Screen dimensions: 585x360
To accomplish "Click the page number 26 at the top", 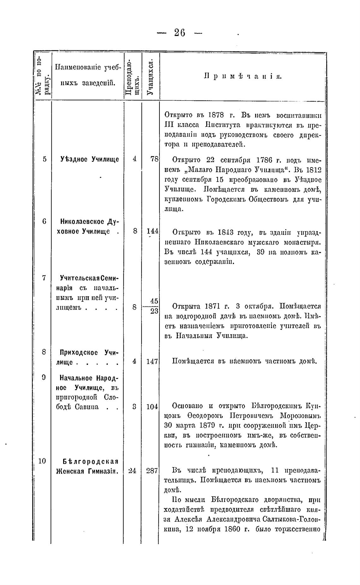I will pyautogui.click(x=180, y=33).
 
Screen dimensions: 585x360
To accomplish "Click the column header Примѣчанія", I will pyautogui.click(x=243, y=76).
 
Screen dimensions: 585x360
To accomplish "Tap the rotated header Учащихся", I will pyautogui.click(x=151, y=77).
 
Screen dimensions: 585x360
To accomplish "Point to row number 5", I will pyautogui.click(x=45, y=159).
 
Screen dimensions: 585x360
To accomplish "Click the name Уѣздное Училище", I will pyautogui.click(x=89, y=159).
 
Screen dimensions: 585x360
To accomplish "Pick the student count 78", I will pyautogui.click(x=154, y=159).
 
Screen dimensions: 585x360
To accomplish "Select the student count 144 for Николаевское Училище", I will pyautogui.click(x=152, y=231).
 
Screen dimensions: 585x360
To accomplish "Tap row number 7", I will pyautogui.click(x=44, y=278).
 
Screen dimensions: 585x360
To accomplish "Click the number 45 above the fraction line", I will pyautogui.click(x=154, y=301).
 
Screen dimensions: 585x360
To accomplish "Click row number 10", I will pyautogui.click(x=42, y=461).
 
